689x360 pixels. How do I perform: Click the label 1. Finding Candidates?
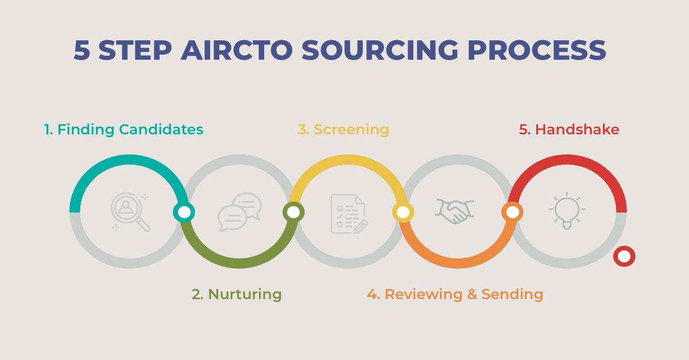tap(124, 130)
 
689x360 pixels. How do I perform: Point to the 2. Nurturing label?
tap(237, 295)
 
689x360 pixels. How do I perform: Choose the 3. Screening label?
tap(343, 130)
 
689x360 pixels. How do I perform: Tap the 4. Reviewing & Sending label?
tap(455, 295)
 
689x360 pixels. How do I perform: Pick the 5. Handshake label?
tap(569, 130)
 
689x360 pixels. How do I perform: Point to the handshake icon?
tap(455, 211)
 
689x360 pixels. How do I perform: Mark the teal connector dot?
tap(184, 212)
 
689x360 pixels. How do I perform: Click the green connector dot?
tap(293, 212)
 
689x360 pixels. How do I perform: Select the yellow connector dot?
tap(403, 212)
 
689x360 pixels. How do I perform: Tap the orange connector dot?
tap(512, 212)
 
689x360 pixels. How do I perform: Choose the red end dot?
tap(624, 256)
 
